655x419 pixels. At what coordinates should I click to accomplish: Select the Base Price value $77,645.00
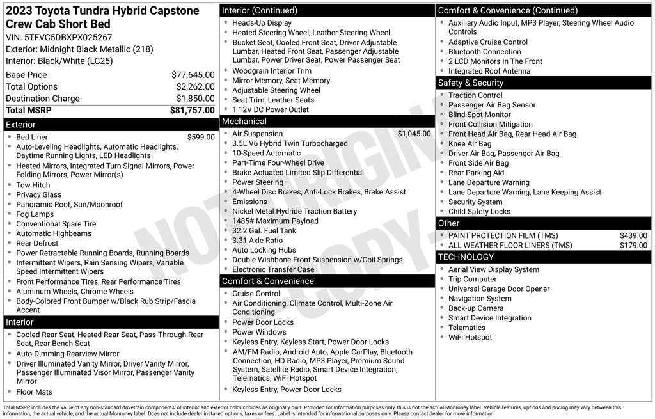[193, 75]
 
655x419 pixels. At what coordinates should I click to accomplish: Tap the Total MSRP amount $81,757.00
[193, 110]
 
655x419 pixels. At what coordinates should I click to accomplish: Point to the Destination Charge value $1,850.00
[195, 99]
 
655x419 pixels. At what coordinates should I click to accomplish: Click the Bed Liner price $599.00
[201, 137]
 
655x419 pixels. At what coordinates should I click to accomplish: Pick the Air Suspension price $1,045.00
[414, 134]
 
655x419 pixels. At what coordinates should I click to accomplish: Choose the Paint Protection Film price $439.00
[633, 235]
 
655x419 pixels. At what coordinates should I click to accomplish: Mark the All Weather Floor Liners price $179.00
[633, 245]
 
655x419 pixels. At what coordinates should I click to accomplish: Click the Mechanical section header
[244, 121]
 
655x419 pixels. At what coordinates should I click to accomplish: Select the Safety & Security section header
[470, 83]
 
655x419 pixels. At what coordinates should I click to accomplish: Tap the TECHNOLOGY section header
[466, 257]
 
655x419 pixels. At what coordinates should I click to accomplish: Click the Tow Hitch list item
[33, 185]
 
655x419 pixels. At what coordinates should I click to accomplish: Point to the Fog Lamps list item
[35, 214]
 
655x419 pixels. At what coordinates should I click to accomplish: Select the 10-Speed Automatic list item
[266, 154]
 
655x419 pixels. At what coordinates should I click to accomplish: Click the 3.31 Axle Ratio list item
[257, 241]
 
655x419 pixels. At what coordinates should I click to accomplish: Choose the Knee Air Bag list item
[470, 144]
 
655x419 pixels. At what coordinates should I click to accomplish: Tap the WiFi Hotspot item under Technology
[470, 337]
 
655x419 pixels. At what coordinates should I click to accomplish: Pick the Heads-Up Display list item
[262, 22]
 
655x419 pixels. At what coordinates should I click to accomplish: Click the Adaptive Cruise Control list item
[487, 42]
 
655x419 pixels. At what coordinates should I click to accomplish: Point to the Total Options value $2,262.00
[195, 87]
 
